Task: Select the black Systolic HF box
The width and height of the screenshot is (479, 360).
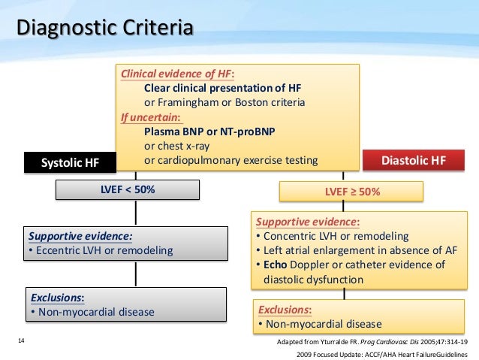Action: (x=70, y=162)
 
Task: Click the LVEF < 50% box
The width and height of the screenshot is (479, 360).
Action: (x=128, y=190)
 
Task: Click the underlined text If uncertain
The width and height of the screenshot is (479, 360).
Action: (x=150, y=117)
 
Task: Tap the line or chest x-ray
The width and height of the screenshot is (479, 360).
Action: (x=180, y=146)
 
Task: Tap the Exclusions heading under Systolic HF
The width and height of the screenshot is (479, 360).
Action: (x=58, y=298)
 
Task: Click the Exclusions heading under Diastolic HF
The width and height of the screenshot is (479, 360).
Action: (x=285, y=310)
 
